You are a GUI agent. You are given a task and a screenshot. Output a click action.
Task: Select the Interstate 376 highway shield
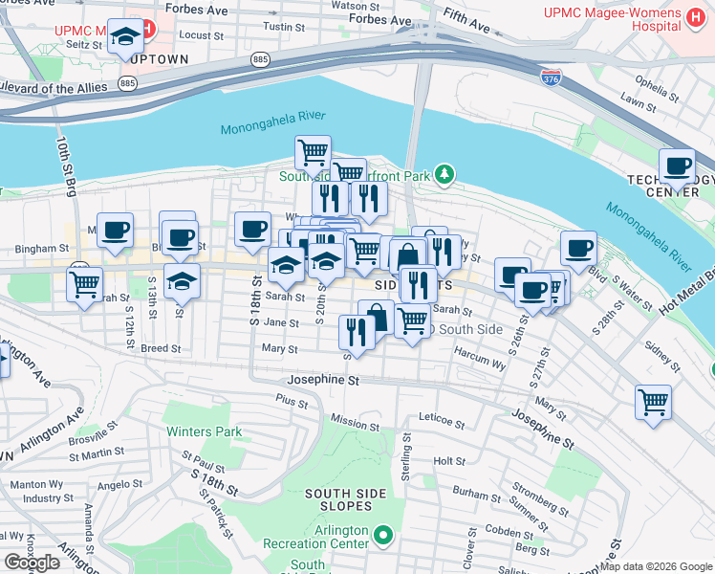coord(550,77)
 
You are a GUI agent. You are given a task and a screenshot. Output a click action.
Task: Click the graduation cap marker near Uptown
coord(125,38)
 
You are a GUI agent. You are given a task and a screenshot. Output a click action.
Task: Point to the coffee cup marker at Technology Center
coord(678,166)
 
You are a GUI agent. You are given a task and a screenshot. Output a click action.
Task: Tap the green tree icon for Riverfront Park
coord(444,174)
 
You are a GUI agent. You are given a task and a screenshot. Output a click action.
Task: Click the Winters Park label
coord(204,431)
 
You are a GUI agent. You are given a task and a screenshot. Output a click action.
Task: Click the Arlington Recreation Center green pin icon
coord(384,536)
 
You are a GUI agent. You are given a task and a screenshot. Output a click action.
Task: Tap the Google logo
coord(32,563)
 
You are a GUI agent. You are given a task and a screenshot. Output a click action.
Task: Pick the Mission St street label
coord(355,422)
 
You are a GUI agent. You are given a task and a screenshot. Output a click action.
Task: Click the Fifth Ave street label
coord(468,17)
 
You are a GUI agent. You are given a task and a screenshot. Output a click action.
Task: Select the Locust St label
coord(201,35)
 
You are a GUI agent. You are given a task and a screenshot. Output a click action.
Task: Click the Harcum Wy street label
coord(479,363)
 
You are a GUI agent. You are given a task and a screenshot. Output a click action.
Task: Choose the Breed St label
coord(161,348)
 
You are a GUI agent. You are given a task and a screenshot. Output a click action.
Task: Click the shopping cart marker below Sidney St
coord(653,402)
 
